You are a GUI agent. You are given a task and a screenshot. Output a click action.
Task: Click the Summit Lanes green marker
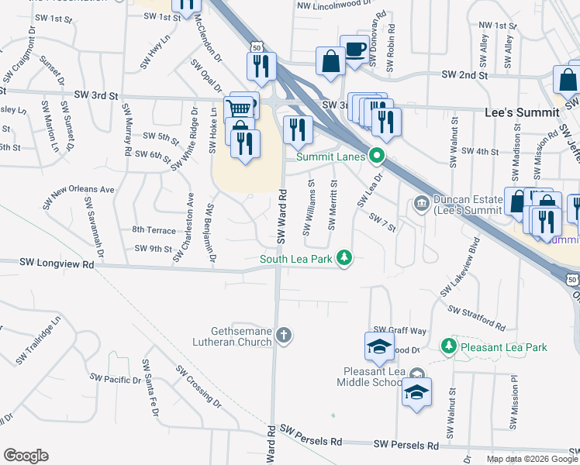pyautogui.click(x=378, y=156)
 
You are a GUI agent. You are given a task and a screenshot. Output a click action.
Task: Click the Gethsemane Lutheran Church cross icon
pyautogui.click(x=285, y=336)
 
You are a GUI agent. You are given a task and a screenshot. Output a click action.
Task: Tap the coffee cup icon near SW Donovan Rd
pyautogui.click(x=354, y=50)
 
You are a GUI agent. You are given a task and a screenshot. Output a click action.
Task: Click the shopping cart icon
pyautogui.click(x=240, y=108)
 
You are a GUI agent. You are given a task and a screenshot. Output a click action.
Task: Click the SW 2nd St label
pyautogui.click(x=464, y=75)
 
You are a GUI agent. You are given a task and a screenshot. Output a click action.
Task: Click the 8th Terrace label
pyautogui.click(x=154, y=230)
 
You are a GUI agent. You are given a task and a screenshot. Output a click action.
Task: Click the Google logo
pyautogui.click(x=26, y=456)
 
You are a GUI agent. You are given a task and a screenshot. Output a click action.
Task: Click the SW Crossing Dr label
pyautogui.click(x=197, y=384)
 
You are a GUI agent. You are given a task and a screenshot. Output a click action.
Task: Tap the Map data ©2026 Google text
pyautogui.click(x=531, y=459)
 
